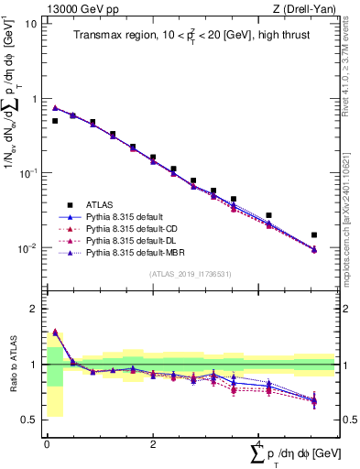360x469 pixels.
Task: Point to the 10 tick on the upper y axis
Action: click(30, 23)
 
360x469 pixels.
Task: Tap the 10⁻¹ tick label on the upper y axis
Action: click(27, 173)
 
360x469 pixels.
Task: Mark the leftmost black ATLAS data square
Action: click(55, 121)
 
